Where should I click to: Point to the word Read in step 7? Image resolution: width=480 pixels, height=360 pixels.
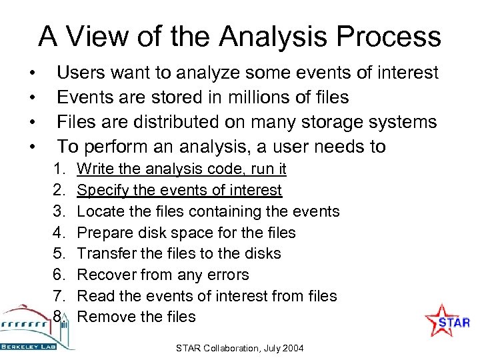pos(93,296)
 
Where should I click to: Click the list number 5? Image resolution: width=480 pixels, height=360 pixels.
pos(60,253)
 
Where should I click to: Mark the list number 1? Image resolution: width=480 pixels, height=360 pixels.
pos(59,169)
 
